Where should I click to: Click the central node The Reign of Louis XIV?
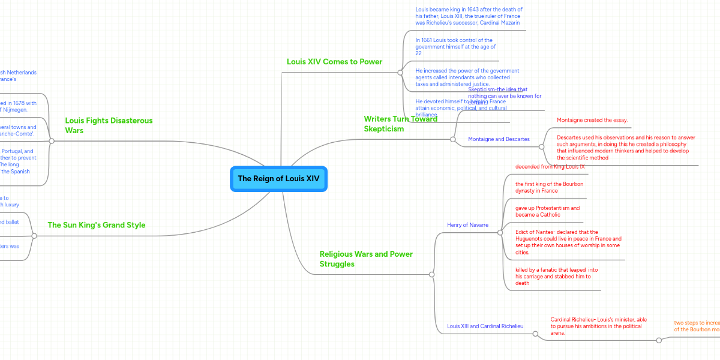278,179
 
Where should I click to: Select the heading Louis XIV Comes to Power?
334,62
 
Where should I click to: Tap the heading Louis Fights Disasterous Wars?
109,125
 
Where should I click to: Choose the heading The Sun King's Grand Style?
96,225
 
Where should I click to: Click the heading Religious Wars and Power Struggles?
366,259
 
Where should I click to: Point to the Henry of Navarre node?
467,225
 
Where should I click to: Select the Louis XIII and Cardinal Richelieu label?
485,326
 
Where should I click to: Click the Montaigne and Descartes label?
499,139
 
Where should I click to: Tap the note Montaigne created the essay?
592,120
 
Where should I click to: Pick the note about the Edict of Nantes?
568,242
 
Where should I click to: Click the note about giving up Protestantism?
547,211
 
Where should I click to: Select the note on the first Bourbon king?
549,187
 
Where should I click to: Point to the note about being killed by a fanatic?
556,277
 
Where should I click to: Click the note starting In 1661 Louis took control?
455,47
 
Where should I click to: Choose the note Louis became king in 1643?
469,16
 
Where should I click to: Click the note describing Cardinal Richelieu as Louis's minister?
598,326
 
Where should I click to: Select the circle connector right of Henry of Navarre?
500,232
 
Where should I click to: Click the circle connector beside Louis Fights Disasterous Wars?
52,141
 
